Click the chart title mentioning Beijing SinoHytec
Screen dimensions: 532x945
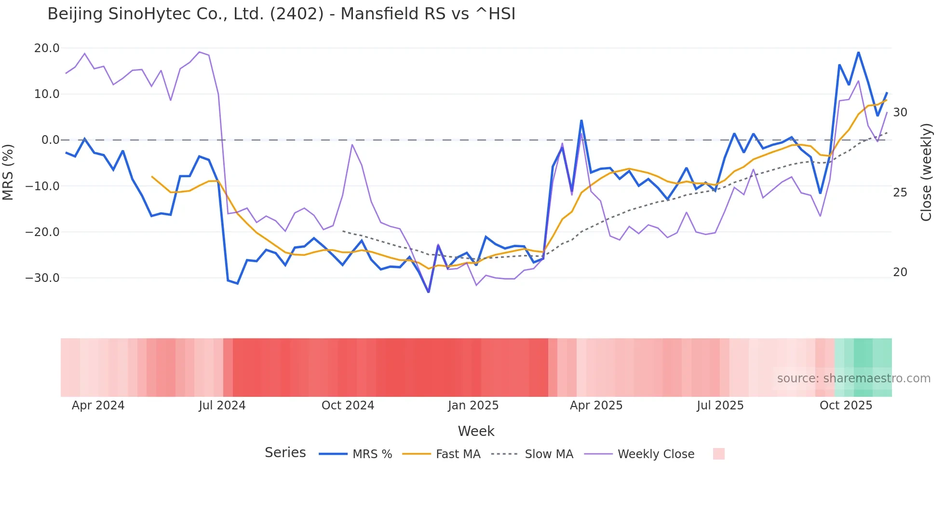click(x=281, y=14)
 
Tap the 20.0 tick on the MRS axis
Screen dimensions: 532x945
click(x=47, y=48)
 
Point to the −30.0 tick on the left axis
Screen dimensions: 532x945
click(x=42, y=278)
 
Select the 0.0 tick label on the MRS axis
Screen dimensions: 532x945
click(x=51, y=140)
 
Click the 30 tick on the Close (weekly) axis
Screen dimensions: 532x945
click(x=900, y=112)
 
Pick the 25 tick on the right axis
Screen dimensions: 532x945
click(x=900, y=193)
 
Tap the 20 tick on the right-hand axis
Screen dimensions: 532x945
click(x=900, y=272)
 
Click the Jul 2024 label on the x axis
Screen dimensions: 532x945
click(x=222, y=406)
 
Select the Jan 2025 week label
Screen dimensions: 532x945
click(x=473, y=406)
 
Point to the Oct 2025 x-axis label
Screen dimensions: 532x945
click(x=846, y=406)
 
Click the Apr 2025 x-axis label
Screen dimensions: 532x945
click(x=596, y=406)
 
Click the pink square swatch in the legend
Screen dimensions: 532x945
click(x=718, y=454)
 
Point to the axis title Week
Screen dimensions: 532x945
click(x=476, y=431)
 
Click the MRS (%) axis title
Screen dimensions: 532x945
click(x=8, y=172)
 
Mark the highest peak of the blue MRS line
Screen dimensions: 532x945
click(x=858, y=52)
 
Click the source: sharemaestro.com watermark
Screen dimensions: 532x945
click(x=853, y=378)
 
